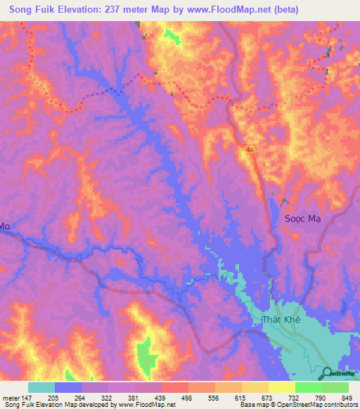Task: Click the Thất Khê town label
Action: pyautogui.click(x=281, y=320)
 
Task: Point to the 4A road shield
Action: pyautogui.click(x=250, y=149)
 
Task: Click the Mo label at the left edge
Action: pyautogui.click(x=5, y=226)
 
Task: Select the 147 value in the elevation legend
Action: pyautogui.click(x=24, y=399)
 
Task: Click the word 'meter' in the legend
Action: pyautogui.click(x=8, y=399)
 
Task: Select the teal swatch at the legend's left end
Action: pyautogui.click(x=41, y=387)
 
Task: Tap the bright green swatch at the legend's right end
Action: pyautogui.click(x=335, y=387)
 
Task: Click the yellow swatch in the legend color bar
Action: pyautogui.click(x=282, y=387)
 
